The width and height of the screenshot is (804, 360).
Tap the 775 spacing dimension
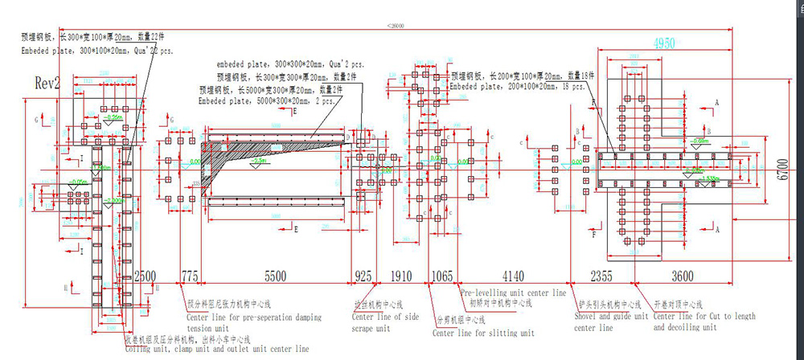(x=189, y=276)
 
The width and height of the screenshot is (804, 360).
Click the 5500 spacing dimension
(x=276, y=276)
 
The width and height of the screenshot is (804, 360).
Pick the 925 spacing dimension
(x=363, y=276)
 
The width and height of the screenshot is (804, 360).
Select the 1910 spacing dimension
(x=400, y=276)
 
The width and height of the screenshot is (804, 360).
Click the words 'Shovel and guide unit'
(x=611, y=317)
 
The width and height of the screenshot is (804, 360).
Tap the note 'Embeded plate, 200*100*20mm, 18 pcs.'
(x=516, y=86)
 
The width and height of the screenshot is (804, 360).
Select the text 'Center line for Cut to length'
(x=704, y=317)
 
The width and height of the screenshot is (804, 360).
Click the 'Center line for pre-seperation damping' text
(x=253, y=317)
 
